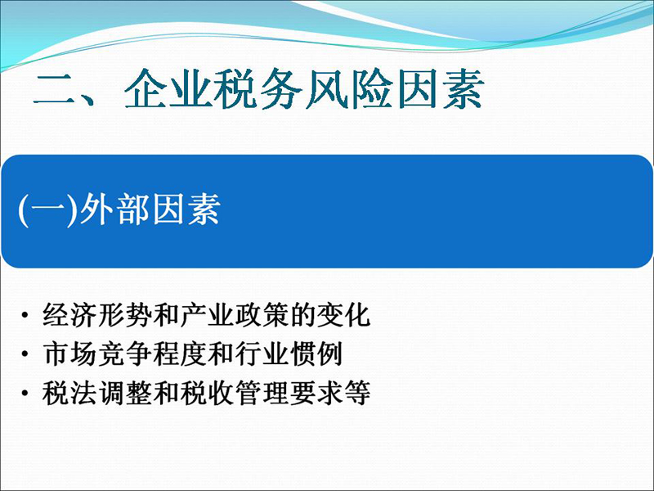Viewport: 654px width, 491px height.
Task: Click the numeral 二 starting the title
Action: coord(55,89)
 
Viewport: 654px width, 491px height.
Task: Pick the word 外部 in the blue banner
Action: coord(114,210)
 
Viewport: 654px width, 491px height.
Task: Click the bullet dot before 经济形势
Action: coord(25,315)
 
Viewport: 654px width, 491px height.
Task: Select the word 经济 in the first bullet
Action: coord(70,315)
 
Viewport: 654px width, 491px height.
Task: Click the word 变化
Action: coord(343,315)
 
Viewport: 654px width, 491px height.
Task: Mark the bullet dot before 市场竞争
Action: coord(25,354)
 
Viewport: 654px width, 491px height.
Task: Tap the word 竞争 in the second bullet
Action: coord(125,354)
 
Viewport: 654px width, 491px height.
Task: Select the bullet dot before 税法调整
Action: coord(25,394)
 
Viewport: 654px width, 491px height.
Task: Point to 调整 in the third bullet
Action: coord(125,394)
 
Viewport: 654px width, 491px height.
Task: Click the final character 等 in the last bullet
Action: coord(357,394)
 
